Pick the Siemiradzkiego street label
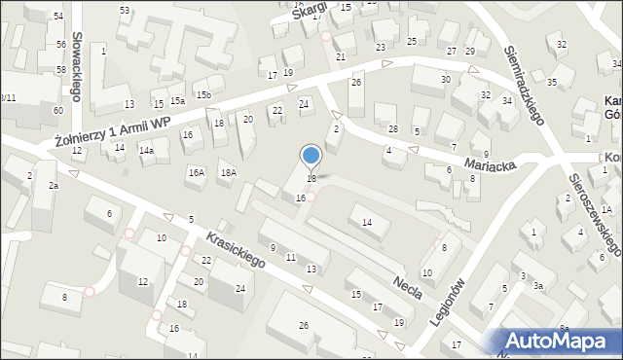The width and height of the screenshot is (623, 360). click(524, 84)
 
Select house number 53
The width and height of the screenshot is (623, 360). click(125, 10)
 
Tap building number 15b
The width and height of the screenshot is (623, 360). click(202, 95)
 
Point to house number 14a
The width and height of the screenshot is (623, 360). click(146, 151)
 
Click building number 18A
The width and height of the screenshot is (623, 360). click(229, 173)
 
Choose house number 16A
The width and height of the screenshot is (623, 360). click(197, 172)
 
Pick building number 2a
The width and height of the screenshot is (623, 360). click(55, 186)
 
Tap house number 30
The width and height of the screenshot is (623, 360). click(446, 79)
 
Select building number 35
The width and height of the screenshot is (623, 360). click(552, 82)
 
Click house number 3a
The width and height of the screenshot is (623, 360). click(536, 287)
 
